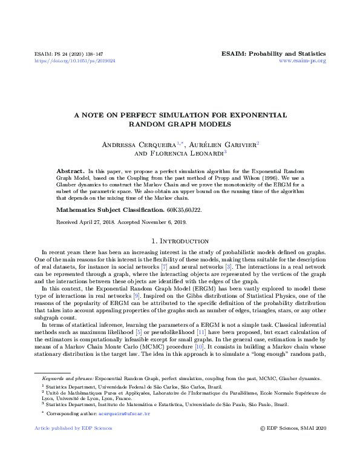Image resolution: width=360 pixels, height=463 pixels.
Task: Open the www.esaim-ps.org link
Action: (303, 61)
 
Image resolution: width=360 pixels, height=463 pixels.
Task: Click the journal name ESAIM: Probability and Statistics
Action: (274, 53)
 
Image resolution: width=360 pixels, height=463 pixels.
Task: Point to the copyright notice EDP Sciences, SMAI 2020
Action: (296, 428)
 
